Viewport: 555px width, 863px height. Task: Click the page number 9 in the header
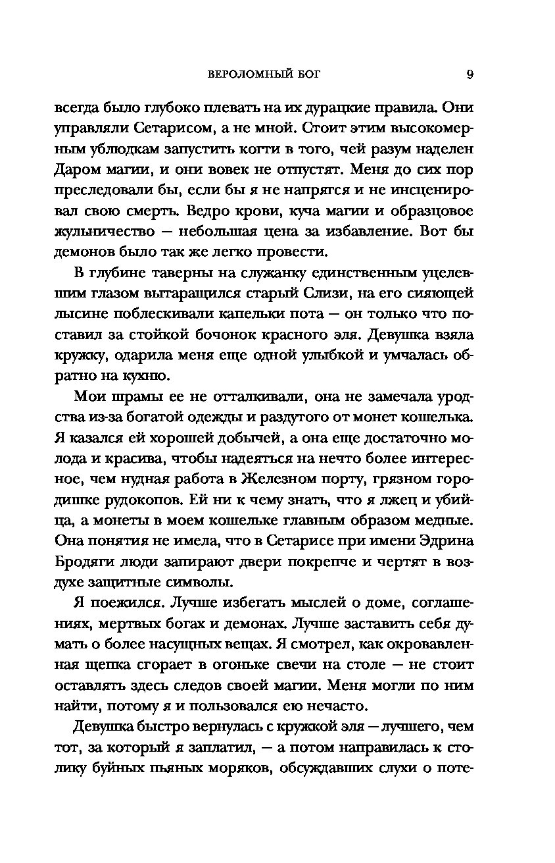[x=470, y=74]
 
